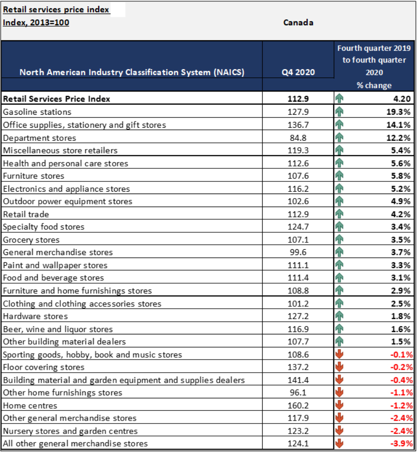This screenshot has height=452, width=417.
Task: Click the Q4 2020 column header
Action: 298,72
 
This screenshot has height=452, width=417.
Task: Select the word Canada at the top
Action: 298,22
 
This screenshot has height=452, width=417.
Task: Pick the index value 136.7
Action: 298,125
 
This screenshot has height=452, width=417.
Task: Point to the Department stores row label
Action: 39,138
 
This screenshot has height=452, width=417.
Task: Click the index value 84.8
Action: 298,138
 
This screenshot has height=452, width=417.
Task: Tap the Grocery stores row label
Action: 31,240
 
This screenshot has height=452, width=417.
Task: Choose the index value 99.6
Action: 298,252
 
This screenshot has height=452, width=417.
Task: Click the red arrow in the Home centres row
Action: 339,406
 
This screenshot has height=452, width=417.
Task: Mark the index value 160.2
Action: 298,406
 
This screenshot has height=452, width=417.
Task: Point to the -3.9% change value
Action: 402,443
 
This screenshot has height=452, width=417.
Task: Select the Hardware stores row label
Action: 35,316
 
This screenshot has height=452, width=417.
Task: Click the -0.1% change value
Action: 402,355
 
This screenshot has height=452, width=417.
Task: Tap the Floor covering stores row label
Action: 44,367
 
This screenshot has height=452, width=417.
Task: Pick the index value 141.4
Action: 298,380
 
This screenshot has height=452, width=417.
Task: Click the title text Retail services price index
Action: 56,10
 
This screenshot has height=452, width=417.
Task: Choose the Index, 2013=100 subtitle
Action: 36,22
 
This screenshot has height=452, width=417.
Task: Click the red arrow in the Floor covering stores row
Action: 339,367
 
